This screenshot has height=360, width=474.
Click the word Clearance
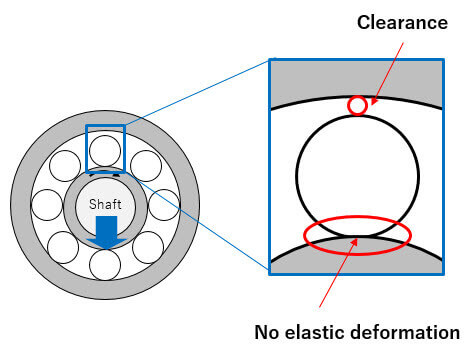tap(402, 23)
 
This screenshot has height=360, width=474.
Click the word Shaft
tap(105, 204)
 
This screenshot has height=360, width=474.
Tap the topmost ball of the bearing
tap(105, 151)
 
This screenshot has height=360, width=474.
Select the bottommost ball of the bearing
tap(105, 265)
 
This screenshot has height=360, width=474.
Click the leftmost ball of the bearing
tap(47, 205)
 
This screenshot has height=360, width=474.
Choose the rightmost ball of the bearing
tap(164, 205)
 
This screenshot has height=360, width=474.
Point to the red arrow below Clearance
tap(387, 73)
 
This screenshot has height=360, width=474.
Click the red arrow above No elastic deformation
tap(338, 272)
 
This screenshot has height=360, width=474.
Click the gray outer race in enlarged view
tap(357, 80)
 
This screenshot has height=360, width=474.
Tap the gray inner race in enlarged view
tap(357, 257)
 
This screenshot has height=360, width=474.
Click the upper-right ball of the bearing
tap(146, 166)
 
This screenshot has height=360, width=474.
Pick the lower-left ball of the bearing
tap(63, 247)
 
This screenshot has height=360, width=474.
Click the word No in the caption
tap(267, 332)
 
